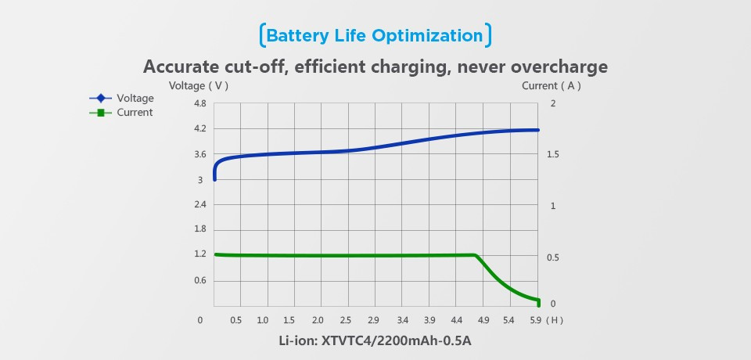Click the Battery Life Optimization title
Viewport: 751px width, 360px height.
tap(375, 36)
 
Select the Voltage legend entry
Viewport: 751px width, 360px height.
tap(135, 99)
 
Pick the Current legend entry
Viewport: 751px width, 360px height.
tap(135, 112)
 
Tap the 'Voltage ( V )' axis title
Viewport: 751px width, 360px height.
tap(199, 85)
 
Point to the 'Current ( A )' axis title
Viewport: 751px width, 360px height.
tap(552, 85)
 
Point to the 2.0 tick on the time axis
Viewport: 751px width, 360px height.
tap(318, 320)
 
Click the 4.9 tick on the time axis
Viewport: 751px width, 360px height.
tap(483, 320)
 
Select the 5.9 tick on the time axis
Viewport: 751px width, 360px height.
tap(536, 320)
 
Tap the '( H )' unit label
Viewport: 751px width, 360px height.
tap(555, 320)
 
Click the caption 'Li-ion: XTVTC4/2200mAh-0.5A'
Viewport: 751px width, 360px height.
tap(375, 341)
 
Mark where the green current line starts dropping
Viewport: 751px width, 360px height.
tap(476, 255)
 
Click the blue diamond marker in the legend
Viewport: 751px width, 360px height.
tap(101, 99)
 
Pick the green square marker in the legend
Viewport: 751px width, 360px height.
tap(101, 113)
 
